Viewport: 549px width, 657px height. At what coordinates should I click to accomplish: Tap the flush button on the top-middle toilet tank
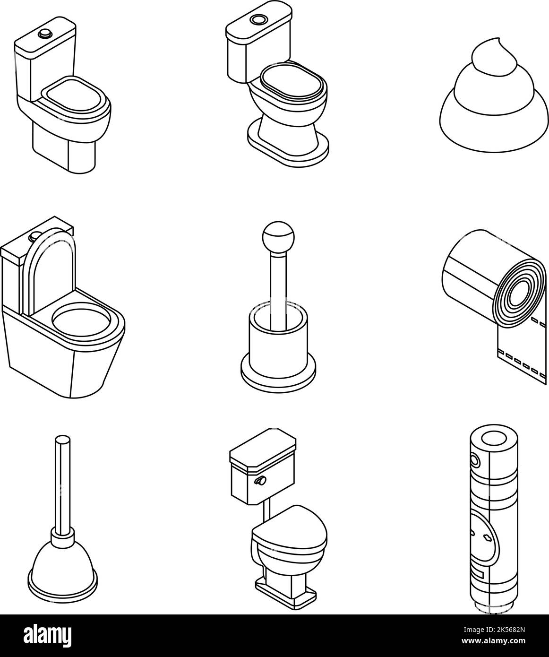[x=258, y=20]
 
